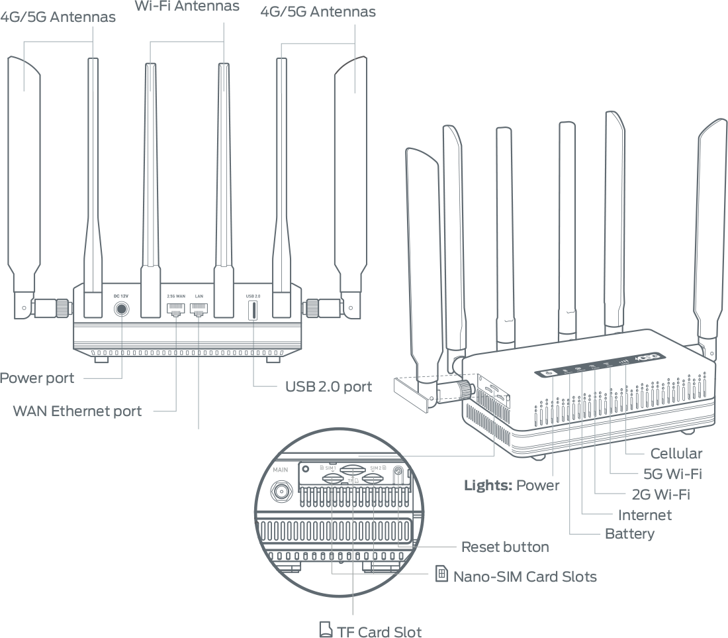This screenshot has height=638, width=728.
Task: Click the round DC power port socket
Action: (x=121, y=309)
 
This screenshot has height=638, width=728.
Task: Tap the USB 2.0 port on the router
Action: (x=253, y=310)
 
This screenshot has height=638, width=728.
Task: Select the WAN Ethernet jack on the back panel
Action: (x=175, y=309)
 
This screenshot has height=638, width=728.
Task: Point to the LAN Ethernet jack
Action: (x=199, y=309)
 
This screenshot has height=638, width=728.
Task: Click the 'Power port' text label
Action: (x=37, y=378)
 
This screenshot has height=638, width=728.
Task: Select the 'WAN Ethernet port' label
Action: (x=77, y=411)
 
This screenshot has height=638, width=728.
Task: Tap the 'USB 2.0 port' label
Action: (x=328, y=386)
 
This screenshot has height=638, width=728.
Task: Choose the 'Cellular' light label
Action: (x=676, y=453)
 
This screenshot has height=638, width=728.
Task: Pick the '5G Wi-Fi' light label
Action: (x=672, y=474)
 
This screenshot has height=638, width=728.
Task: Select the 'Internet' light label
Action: (x=645, y=515)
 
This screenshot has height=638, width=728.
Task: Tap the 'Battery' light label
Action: (x=629, y=534)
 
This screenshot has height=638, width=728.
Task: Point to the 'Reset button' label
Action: (x=505, y=547)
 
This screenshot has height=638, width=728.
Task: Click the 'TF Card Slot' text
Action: (x=379, y=631)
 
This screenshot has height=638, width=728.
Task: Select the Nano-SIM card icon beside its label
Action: (x=442, y=574)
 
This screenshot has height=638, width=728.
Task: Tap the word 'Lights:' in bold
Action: (x=488, y=485)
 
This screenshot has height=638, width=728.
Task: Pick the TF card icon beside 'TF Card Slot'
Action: (x=325, y=629)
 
